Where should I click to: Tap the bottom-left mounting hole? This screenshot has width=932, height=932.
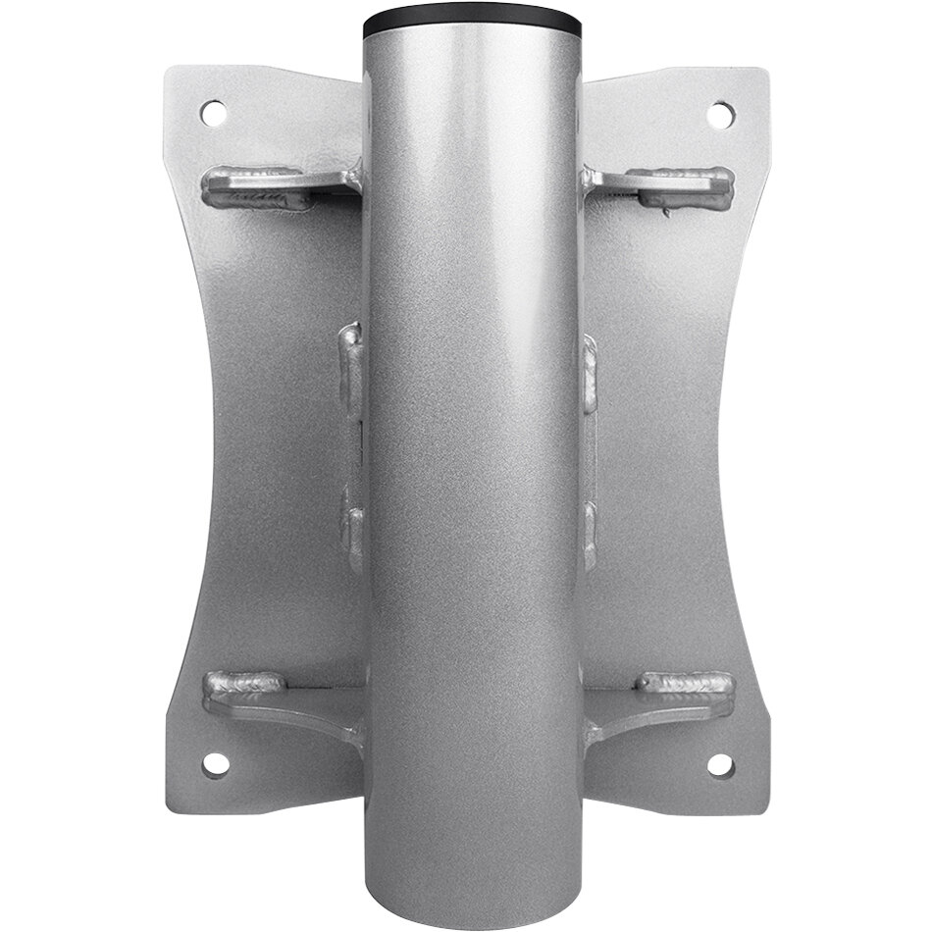point(214,763)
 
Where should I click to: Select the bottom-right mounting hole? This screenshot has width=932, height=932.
point(719,764)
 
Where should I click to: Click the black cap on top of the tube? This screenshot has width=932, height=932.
point(471,22)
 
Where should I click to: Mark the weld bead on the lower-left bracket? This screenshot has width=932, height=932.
point(245,683)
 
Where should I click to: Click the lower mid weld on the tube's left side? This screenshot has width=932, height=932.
point(351,527)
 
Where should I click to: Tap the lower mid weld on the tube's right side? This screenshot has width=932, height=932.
point(590,530)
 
